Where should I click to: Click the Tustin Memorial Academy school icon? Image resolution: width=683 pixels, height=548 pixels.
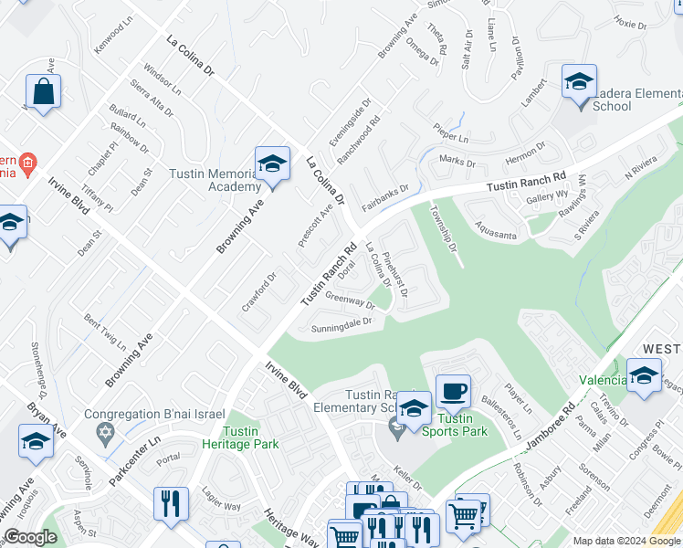click(x=272, y=164)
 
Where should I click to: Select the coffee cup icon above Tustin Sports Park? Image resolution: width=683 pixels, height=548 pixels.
click(x=453, y=392)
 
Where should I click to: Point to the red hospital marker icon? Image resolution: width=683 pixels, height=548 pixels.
click(x=28, y=163)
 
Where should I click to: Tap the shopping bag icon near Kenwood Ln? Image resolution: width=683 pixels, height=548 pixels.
click(x=43, y=91)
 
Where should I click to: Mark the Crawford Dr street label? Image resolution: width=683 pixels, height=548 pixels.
click(x=258, y=291)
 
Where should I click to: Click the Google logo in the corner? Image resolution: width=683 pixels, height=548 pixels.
click(x=30, y=537)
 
